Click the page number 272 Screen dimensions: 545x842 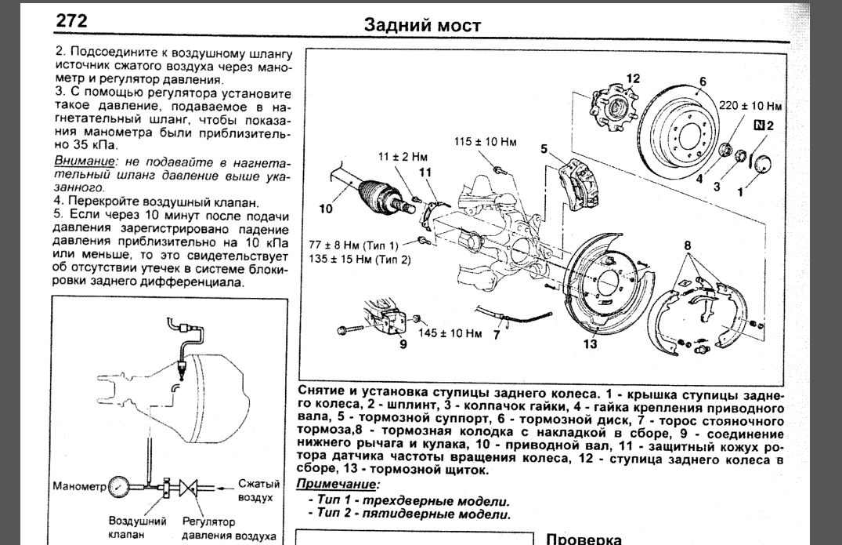[x=71, y=20]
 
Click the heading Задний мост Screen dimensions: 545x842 [x=423, y=25]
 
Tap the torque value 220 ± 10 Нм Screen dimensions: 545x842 [x=753, y=104]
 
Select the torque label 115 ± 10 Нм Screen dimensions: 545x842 [x=486, y=142]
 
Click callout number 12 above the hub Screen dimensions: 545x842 [x=633, y=78]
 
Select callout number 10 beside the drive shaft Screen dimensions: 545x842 [x=326, y=209]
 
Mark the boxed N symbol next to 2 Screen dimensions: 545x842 [x=758, y=125]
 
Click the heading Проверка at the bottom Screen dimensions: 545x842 [x=583, y=539]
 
